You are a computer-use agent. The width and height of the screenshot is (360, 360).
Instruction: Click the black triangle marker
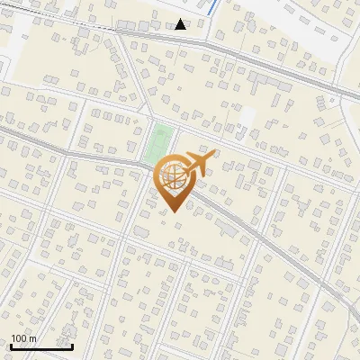[181, 24]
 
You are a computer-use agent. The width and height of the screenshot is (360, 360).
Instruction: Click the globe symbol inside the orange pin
[174, 176]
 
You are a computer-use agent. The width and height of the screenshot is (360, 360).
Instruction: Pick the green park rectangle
[159, 145]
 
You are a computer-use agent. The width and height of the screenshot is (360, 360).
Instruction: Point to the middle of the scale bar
[41, 347]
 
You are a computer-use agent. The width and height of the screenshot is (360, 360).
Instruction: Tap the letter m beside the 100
[32, 339]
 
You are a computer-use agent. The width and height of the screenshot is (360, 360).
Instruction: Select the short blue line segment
[212, 7]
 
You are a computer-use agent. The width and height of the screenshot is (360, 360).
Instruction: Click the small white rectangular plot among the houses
[247, 118]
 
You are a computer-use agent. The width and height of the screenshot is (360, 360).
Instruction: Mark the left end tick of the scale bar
[11, 346]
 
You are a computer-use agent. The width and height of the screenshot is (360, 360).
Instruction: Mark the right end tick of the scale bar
[73, 346]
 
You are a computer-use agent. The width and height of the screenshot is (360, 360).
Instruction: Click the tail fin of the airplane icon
[186, 163]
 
